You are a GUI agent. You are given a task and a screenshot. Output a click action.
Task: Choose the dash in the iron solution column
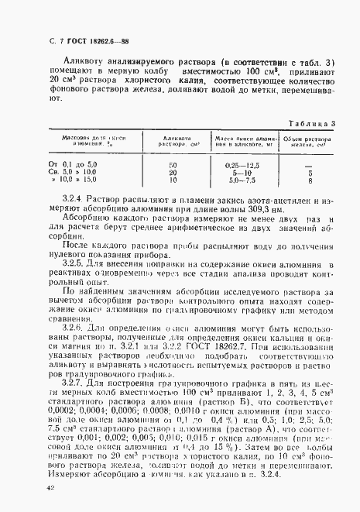point(309,166)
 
